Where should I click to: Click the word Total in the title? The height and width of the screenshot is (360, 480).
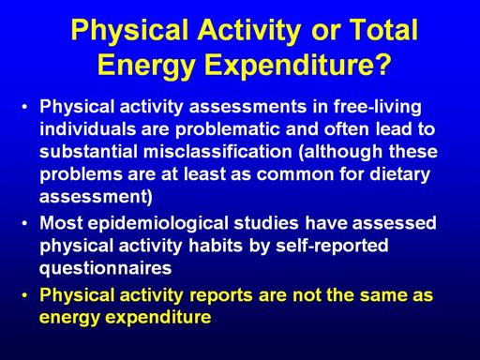tap(383, 30)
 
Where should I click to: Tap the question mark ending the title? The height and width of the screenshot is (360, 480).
tap(382, 64)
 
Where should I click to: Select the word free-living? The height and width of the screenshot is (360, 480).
tap(378, 107)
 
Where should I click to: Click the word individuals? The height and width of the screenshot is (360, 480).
tap(88, 129)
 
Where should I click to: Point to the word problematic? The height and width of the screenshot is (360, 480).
tap(227, 129)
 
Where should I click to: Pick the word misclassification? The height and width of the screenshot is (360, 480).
tap(217, 152)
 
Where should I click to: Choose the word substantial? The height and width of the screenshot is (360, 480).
tap(88, 152)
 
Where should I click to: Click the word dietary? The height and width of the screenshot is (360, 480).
tap(399, 174)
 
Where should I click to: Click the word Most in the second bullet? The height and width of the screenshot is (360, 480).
tap(61, 223)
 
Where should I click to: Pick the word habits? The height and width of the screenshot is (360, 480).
tap(216, 246)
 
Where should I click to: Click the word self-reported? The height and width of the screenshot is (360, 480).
tap(332, 247)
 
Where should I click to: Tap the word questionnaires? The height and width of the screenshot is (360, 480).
tap(106, 269)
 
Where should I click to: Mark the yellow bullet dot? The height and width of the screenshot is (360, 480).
tap(25, 295)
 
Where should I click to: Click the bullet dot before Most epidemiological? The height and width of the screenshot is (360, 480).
tap(25, 223)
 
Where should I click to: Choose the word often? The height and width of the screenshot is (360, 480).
tap(347, 129)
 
